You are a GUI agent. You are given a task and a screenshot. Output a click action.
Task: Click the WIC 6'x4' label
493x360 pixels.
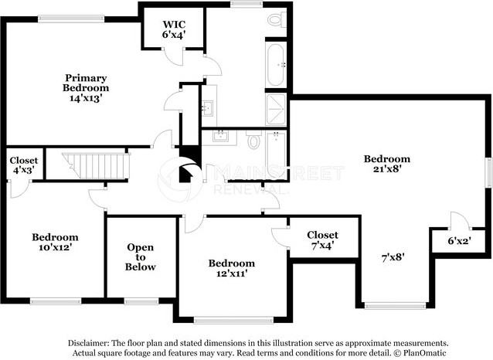[174, 29]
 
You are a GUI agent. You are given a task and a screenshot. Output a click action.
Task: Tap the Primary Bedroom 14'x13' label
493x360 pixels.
[86, 88]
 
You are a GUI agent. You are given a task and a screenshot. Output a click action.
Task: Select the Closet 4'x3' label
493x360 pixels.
[24, 165]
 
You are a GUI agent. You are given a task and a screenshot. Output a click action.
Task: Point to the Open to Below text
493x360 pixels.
[141, 257]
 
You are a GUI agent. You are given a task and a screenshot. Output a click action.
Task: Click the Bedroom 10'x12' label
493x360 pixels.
[56, 242]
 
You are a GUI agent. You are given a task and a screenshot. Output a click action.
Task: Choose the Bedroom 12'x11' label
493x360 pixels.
[232, 268]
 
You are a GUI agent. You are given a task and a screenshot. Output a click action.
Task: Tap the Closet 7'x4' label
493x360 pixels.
[322, 240]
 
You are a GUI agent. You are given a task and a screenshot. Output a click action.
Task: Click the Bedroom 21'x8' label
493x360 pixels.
[387, 164]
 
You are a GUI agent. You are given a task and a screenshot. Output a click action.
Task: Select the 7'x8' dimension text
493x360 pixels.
[393, 258]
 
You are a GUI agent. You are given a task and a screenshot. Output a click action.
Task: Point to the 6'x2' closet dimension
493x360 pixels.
[459, 241]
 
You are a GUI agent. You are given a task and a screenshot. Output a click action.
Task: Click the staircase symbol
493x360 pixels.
[96, 165]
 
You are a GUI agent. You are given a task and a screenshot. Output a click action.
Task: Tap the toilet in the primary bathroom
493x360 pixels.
[277, 20]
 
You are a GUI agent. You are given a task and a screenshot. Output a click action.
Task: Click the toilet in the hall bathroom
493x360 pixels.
[253, 141]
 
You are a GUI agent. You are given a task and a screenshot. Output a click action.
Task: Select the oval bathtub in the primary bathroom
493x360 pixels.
[276, 65]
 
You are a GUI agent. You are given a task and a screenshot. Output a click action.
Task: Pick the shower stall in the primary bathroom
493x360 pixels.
[276, 109]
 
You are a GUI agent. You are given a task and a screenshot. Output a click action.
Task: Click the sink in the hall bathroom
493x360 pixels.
[221, 137]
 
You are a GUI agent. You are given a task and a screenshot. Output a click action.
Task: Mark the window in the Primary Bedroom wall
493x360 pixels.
[71, 19]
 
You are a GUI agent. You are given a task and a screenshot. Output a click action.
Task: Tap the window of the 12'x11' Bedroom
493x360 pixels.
[233, 320]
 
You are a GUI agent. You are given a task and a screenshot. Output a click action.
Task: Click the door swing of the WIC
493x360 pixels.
[174, 56]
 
